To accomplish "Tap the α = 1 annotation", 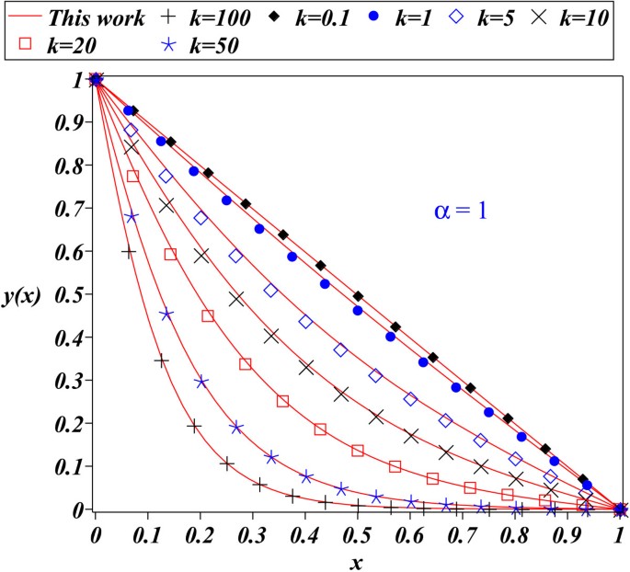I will pos(459,210).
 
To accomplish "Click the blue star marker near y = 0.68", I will pos(132,217).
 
